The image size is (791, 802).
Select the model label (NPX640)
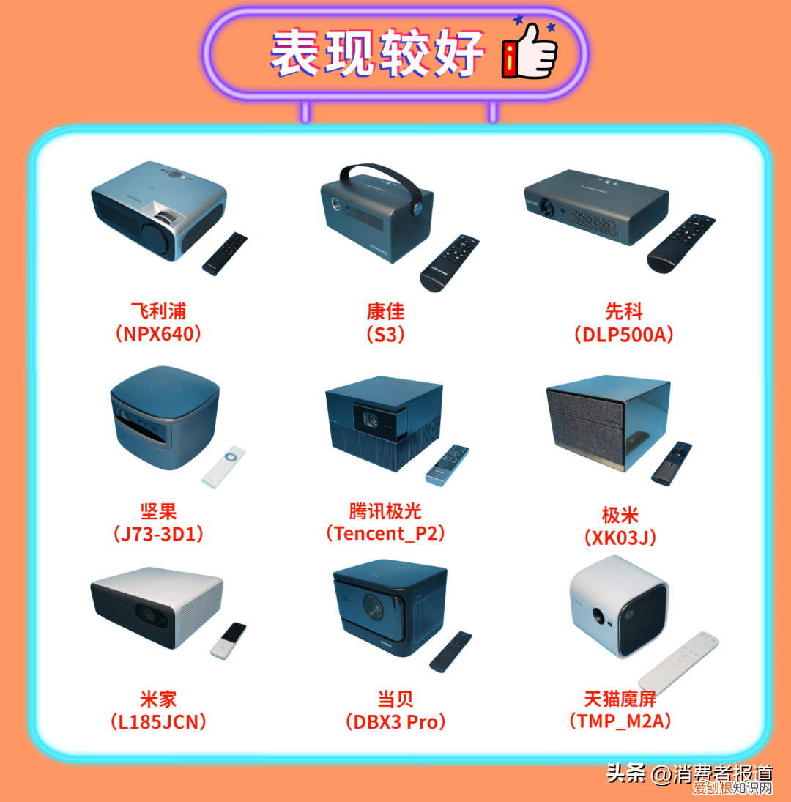tap(158, 334)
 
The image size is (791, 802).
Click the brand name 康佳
tap(385, 312)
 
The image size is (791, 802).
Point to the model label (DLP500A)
tap(623, 334)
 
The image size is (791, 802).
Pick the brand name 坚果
tap(158, 511)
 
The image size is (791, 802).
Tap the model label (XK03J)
tap(620, 538)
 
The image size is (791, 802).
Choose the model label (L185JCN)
tap(158, 721)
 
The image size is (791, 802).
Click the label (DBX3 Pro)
tap(395, 721)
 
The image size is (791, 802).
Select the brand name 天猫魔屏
tap(620, 698)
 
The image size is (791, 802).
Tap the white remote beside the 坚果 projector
tap(223, 467)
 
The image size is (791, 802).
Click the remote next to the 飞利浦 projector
tap(225, 253)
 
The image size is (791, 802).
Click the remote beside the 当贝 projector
tap(450, 651)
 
